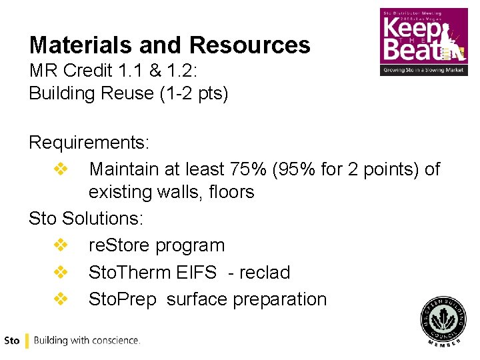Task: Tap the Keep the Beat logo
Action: click(424, 41)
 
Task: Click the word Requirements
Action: click(89, 143)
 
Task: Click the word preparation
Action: click(279, 299)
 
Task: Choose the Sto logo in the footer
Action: click(11, 341)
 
